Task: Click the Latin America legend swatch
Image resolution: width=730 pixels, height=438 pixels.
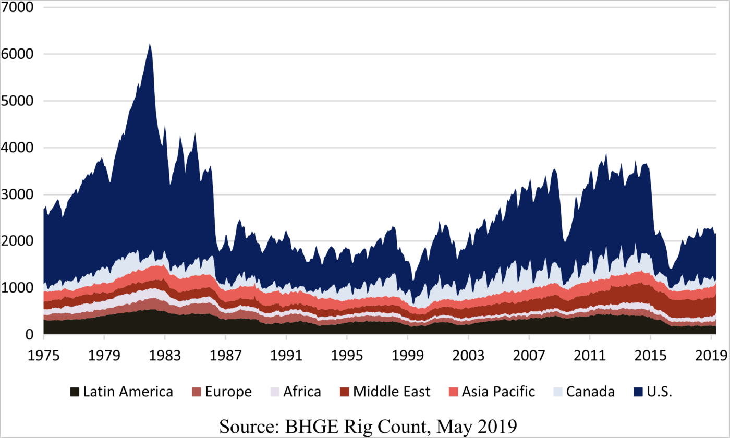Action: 75,392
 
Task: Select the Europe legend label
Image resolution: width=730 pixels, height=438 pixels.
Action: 228,392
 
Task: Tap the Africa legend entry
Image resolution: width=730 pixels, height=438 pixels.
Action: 302,392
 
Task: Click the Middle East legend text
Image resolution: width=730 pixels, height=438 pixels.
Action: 392,392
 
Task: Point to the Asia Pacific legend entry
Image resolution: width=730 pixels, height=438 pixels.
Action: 498,392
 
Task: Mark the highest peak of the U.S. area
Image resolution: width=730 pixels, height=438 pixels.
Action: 150,45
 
